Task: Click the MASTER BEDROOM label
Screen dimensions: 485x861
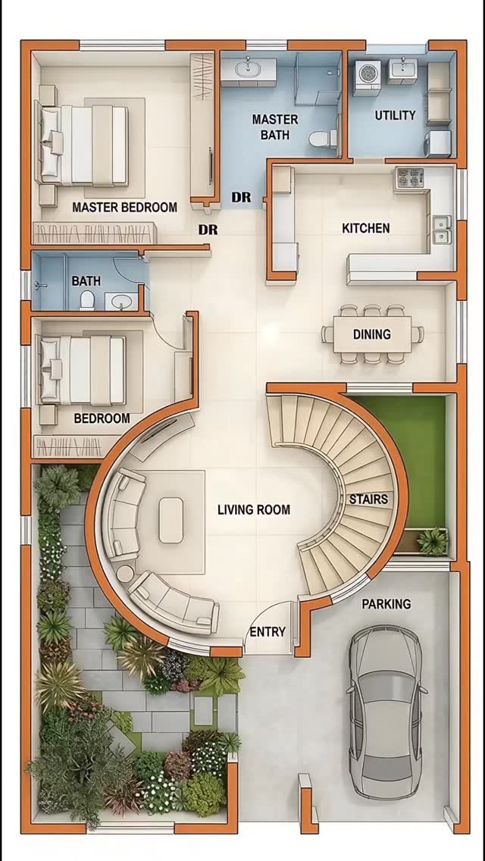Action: pyautogui.click(x=125, y=207)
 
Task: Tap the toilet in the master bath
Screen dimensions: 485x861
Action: pyautogui.click(x=322, y=139)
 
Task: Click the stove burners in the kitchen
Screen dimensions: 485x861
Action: pyautogui.click(x=409, y=177)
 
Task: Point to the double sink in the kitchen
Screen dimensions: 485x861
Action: pyautogui.click(x=442, y=230)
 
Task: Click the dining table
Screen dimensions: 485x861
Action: pyautogui.click(x=372, y=334)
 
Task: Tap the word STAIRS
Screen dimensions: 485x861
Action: pyautogui.click(x=368, y=499)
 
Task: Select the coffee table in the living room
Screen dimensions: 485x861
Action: pyautogui.click(x=171, y=520)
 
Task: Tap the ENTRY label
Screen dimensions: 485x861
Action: pyautogui.click(x=268, y=632)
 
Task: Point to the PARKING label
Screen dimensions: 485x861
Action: pyautogui.click(x=386, y=604)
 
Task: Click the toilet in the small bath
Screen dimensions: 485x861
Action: pyautogui.click(x=87, y=300)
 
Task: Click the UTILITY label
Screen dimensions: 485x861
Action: pyautogui.click(x=395, y=115)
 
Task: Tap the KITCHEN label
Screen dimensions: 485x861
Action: pyautogui.click(x=366, y=228)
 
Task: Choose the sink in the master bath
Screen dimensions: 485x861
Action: pyautogui.click(x=249, y=69)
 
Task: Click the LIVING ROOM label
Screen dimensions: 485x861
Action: pyautogui.click(x=254, y=509)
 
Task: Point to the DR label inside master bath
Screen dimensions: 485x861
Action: pyautogui.click(x=241, y=197)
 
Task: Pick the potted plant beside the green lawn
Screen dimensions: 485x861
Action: pyautogui.click(x=433, y=541)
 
